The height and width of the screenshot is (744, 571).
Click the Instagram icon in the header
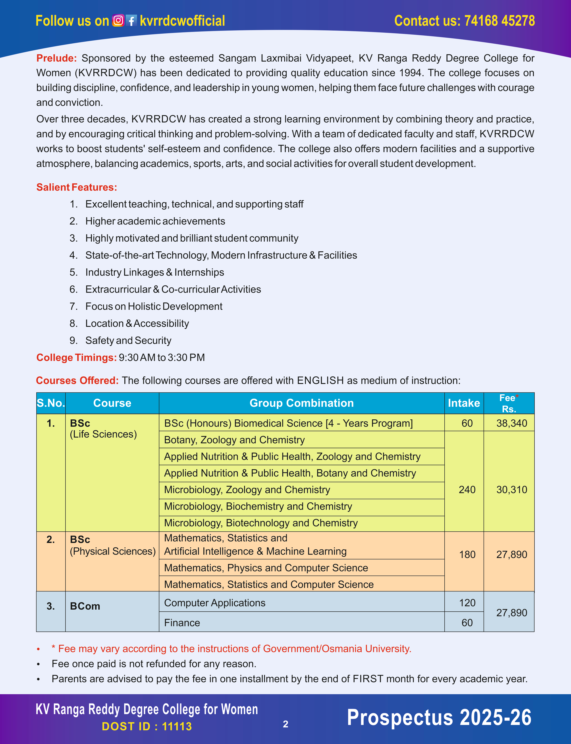click(118, 21)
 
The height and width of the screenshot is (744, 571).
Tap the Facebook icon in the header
click(131, 21)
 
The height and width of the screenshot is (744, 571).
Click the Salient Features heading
click(77, 187)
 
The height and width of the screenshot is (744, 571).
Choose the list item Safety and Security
click(128, 340)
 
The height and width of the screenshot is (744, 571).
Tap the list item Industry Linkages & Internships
click(155, 272)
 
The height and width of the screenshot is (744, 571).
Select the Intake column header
click(464, 403)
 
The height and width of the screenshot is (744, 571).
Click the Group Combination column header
click(301, 403)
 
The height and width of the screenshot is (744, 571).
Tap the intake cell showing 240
click(467, 490)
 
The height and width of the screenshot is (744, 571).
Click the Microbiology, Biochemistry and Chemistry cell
click(258, 506)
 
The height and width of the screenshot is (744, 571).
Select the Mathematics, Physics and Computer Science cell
click(266, 568)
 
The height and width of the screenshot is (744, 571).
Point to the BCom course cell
click(85, 606)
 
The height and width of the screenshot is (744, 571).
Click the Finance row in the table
click(182, 623)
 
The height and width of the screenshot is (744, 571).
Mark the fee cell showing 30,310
click(511, 490)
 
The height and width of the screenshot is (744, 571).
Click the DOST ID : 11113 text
click(147, 726)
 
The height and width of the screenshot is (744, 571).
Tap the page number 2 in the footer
click(285, 724)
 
